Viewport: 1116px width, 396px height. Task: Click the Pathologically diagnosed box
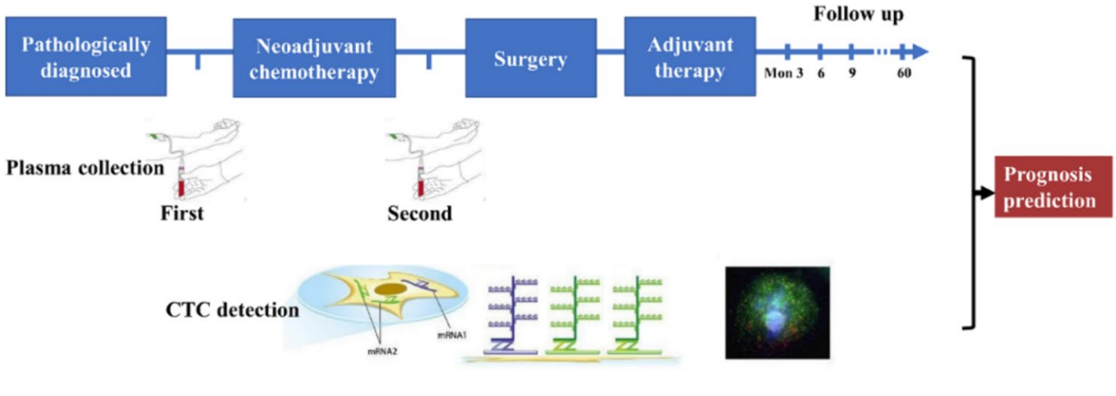click(86, 58)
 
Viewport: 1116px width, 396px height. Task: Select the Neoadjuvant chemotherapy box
click(314, 58)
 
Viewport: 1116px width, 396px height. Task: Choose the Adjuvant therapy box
click(690, 58)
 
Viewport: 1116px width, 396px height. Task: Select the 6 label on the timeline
click(821, 75)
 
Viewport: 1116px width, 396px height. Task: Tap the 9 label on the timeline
click(852, 75)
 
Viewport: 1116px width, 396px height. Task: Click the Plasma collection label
click(85, 167)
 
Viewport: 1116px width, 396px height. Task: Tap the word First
click(182, 213)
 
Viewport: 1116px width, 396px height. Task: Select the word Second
click(420, 213)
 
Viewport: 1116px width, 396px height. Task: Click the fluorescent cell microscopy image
click(777, 312)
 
